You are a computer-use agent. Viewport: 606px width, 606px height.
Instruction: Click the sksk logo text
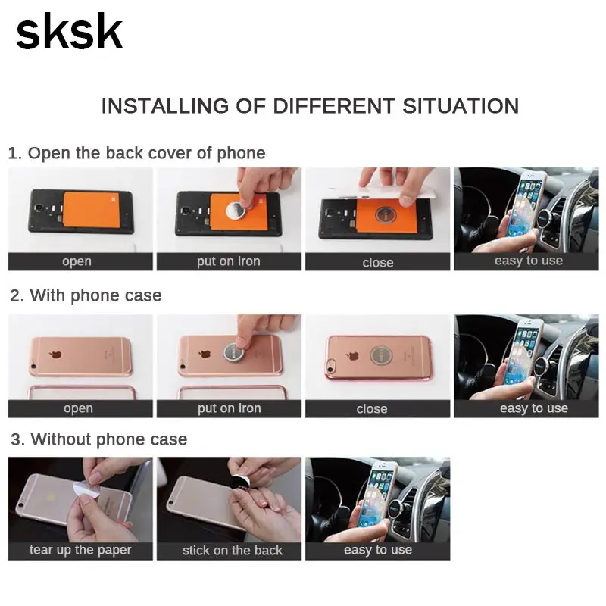69,31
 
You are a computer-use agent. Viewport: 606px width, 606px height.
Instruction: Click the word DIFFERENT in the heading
334,106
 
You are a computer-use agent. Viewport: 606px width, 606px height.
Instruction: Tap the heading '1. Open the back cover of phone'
136,153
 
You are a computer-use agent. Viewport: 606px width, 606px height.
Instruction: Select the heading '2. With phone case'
86,295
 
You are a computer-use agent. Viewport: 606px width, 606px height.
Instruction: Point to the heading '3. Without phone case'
99,439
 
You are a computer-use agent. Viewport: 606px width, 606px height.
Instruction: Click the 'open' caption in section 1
77,261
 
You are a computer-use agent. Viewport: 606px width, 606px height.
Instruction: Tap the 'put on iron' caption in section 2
230,408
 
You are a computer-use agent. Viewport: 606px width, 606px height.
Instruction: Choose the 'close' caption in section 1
378,262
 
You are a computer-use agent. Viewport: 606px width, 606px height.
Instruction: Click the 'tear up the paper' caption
80,550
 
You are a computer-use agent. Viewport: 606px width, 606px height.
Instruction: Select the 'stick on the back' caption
233,551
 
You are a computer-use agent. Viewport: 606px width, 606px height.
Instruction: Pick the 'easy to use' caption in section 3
378,550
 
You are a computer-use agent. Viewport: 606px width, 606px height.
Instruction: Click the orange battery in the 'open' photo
92,210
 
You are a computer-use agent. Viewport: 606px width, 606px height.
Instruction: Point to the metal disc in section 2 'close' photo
381,355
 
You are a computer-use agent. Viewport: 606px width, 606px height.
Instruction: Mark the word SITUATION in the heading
461,106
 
